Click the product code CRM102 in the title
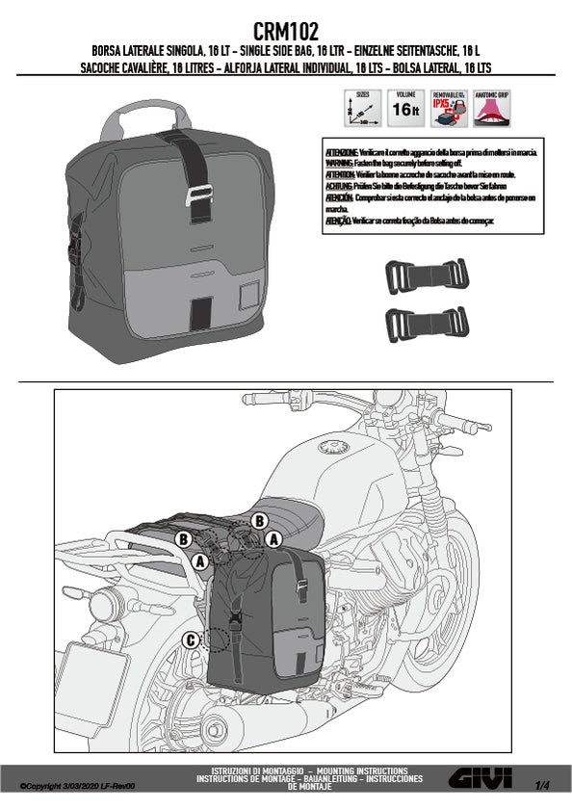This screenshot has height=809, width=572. click(285, 31)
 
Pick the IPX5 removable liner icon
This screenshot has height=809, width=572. click(449, 108)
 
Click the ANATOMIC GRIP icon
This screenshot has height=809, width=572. click(492, 108)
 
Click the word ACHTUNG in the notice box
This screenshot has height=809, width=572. click(340, 186)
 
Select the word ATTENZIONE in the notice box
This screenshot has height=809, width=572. click(342, 153)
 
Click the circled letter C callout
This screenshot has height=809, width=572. click(191, 639)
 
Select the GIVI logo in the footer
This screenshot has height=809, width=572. click(478, 778)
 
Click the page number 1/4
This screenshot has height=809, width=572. click(543, 786)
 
